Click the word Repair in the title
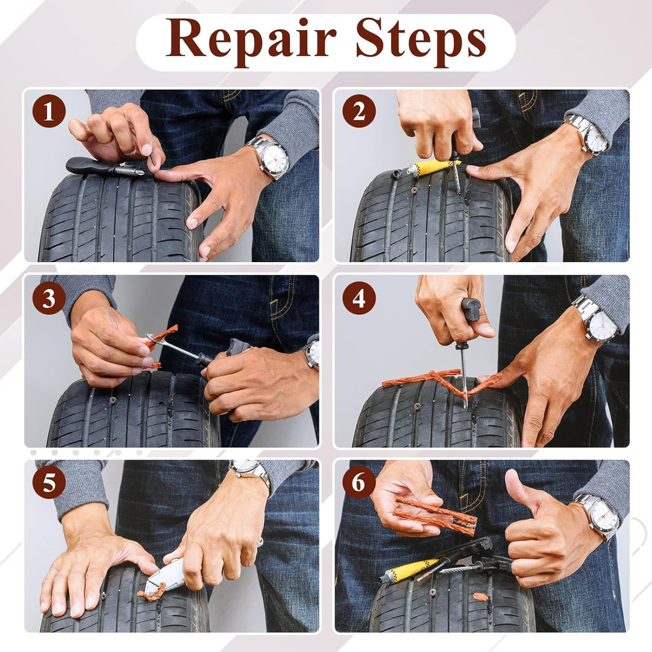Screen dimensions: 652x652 [x=251, y=40]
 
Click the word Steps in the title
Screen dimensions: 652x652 [x=421, y=40]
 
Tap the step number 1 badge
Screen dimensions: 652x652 [x=49, y=111]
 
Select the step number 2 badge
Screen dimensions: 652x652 [x=359, y=111]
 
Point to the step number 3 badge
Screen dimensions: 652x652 [x=49, y=298]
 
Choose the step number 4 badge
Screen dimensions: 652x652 [x=359, y=298]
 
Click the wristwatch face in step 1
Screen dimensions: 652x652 [x=275, y=158]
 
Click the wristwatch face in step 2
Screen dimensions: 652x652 [x=597, y=138]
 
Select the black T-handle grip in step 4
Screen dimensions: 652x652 [x=471, y=310]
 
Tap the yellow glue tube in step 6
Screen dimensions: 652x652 [x=409, y=570]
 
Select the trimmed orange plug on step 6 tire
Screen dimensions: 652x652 [x=481, y=597]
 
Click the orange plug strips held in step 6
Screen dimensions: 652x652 [x=434, y=515]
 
